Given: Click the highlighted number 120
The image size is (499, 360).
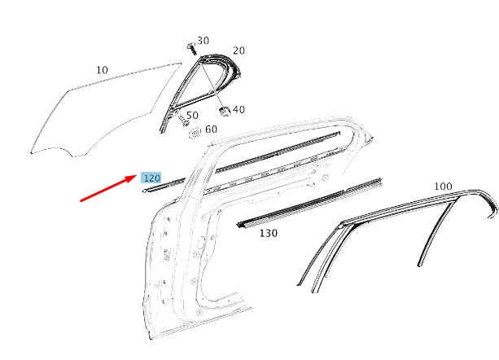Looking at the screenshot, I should click(x=151, y=178).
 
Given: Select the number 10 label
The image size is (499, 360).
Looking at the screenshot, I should click(x=102, y=70).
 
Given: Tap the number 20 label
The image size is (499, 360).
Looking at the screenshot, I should click(x=239, y=50).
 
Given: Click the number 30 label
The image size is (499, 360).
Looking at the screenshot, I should click(x=203, y=40).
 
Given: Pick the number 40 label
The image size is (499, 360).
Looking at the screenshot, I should click(x=239, y=109).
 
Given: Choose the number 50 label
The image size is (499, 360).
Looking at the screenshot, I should click(x=192, y=116).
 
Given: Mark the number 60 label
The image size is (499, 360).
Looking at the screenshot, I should click(x=211, y=130).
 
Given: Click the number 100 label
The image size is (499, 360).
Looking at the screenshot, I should click(x=443, y=187).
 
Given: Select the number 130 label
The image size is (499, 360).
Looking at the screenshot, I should click(x=268, y=233).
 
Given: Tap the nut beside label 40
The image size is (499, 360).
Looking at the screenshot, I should click(x=224, y=108).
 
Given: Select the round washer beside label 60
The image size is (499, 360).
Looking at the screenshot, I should click(x=195, y=133).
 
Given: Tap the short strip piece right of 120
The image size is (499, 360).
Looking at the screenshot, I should click(x=161, y=187).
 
